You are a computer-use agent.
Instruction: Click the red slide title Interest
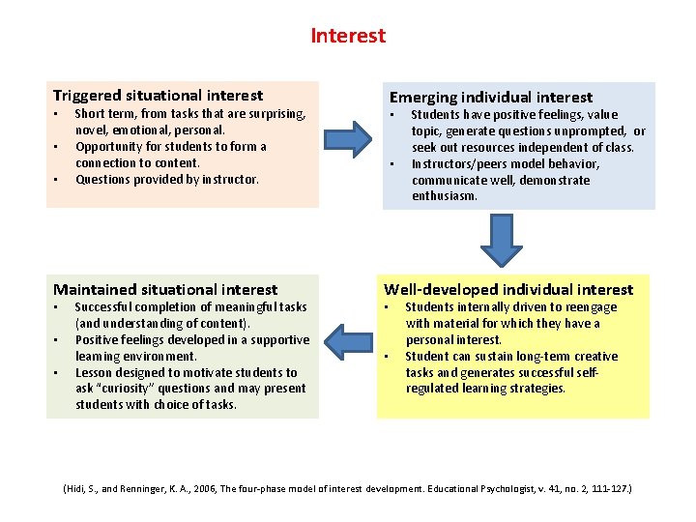[348, 36]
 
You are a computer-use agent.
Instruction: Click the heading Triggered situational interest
[158, 95]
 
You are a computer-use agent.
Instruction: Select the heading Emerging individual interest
[490, 97]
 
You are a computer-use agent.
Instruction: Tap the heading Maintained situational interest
[165, 289]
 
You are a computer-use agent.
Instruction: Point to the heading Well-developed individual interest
[508, 289]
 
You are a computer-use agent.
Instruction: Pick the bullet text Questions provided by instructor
[167, 179]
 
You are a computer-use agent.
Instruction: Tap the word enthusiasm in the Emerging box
[448, 196]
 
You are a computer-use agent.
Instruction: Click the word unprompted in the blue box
[591, 131]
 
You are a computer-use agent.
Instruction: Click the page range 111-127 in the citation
[606, 490]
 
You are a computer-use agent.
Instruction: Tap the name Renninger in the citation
[142, 490]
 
